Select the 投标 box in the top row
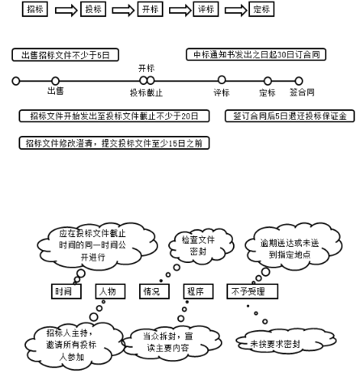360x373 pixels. [x=93, y=11]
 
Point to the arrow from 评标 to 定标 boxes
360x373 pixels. [x=232, y=11]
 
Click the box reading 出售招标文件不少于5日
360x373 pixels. [x=66, y=55]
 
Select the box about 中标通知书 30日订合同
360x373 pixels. [x=269, y=55]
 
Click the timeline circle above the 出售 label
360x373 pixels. [x=55, y=80]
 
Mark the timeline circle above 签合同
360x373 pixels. [x=299, y=80]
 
